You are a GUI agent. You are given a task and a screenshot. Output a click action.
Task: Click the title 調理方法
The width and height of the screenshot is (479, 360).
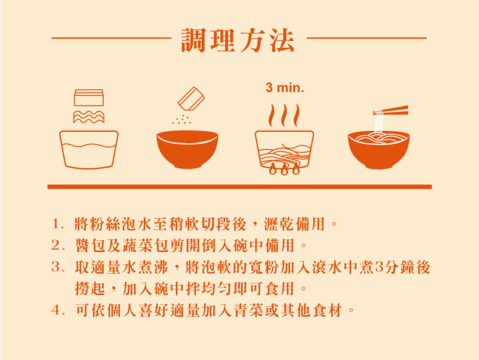pos(238,40)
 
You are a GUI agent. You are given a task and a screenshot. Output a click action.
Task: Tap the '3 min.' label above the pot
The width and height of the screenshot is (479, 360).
pos(285,87)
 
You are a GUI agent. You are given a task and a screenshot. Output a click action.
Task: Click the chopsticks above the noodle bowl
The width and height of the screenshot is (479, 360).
pos(391,111)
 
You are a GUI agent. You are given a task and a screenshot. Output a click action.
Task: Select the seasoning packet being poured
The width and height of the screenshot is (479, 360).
pos(191,99)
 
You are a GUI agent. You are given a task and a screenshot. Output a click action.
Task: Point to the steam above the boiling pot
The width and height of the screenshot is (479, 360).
pos(284,115)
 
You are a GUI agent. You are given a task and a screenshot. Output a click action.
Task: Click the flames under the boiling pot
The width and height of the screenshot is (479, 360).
pos(284,169)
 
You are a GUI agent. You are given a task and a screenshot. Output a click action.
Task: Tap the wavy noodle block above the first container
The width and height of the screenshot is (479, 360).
pos(89,117)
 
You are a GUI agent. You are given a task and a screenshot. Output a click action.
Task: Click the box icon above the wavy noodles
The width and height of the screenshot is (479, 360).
pos(89,98)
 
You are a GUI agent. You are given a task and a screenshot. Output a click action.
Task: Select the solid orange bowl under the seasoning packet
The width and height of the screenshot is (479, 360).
pos(187,149)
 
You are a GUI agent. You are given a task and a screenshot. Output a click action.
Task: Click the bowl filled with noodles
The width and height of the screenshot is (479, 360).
pos(379,150)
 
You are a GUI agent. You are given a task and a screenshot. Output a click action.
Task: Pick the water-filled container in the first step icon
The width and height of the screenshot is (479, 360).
pos(89,150)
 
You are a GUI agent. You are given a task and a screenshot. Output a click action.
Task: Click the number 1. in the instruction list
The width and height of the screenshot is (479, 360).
pos(57,224)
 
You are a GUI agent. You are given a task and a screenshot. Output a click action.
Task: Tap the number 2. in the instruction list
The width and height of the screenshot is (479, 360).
pos(57,246)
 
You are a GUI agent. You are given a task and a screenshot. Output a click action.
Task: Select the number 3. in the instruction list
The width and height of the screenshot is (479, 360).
pos(57,267)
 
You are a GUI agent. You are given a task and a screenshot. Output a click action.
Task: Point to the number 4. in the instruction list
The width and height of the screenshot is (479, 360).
pos(57,311)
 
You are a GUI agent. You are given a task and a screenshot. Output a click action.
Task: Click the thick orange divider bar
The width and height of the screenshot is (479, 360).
pos(239,187)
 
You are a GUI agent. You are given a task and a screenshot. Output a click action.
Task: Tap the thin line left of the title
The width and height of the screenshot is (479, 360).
pos(111,38)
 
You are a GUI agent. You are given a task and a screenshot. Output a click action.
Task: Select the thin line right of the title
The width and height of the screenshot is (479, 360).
pos(366,38)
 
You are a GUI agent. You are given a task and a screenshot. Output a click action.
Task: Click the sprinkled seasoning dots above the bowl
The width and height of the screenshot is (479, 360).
pos(181,119)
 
